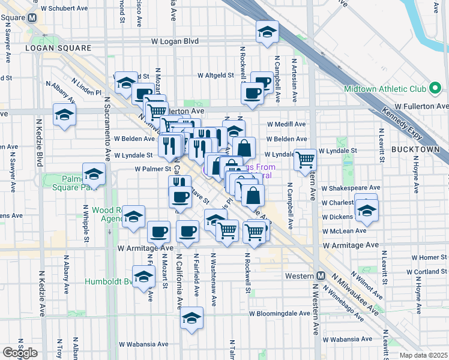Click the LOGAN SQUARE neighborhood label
[58, 47]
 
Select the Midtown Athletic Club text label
[384, 89]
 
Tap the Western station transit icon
[321, 276]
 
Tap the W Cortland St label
[427, 271]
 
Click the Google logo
[19, 352]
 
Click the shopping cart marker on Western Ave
[305, 160]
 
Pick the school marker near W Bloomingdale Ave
[191, 318]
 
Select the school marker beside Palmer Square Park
[94, 175]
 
